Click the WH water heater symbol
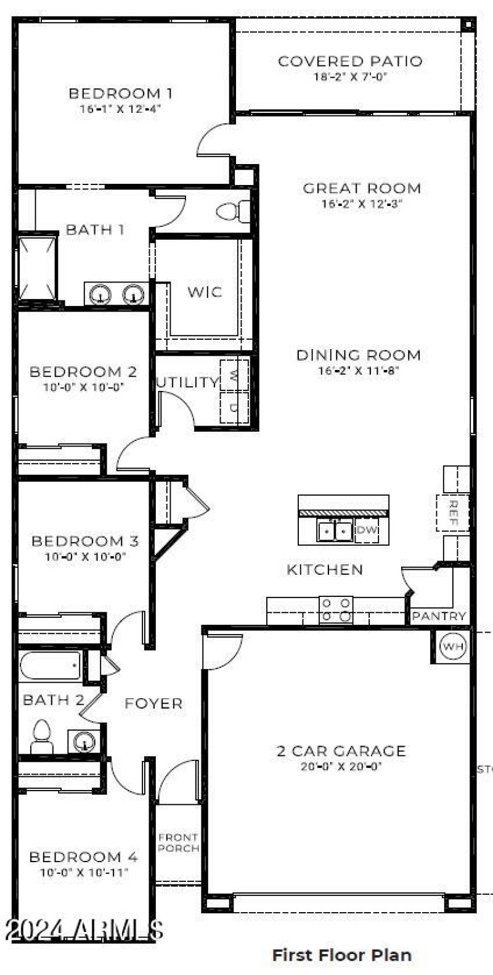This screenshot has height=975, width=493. (454, 646)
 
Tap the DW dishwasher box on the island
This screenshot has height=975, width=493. (367, 530)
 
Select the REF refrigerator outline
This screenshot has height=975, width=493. (453, 512)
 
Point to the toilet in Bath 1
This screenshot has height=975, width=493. (233, 212)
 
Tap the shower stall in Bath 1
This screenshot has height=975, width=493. (37, 269)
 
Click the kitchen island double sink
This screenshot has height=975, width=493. (335, 530)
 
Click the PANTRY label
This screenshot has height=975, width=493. (439, 616)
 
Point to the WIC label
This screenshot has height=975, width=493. (205, 292)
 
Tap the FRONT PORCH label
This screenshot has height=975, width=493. (178, 843)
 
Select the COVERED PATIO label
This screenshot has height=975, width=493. (350, 61)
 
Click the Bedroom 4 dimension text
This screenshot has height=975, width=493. (84, 873)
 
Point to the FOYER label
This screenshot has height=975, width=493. (153, 704)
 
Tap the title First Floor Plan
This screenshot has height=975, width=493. (341, 955)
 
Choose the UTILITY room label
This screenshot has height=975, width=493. (187, 382)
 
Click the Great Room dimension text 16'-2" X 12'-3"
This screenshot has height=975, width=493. (361, 204)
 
